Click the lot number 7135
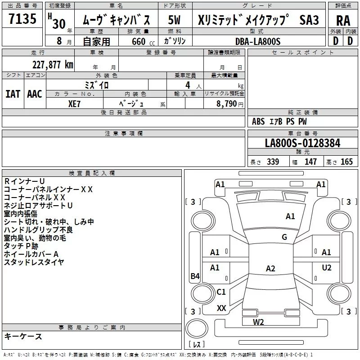[x=22, y=18]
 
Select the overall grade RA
[x=343, y=21]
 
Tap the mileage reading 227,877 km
[x=53, y=65]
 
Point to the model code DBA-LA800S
[x=258, y=41]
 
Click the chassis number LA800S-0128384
[x=302, y=143]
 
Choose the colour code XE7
[x=74, y=104]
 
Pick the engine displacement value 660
[x=139, y=41]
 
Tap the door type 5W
[x=174, y=20]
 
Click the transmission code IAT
[x=13, y=94]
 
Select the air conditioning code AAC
[x=35, y=94]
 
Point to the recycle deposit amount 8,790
[x=227, y=103]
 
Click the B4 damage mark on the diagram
[x=195, y=276]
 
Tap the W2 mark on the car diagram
[x=258, y=322]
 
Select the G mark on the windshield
[x=284, y=237]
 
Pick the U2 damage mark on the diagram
[x=327, y=267]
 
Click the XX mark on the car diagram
[x=221, y=308]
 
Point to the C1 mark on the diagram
[x=221, y=292]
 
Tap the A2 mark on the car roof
[x=270, y=268]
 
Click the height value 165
[x=346, y=162]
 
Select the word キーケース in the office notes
[x=23, y=336]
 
